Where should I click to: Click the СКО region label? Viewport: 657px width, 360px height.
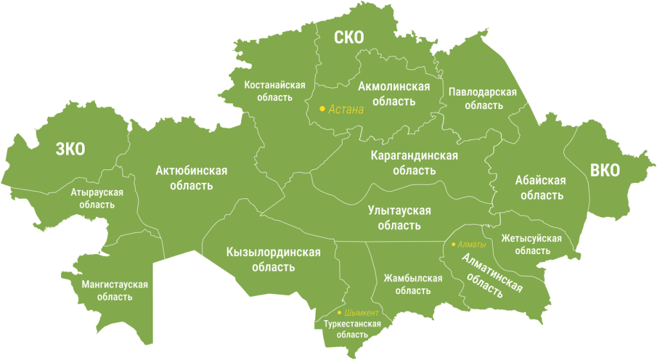pyautogui.click(x=349, y=37)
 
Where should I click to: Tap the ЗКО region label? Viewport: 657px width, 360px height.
pyautogui.click(x=70, y=150)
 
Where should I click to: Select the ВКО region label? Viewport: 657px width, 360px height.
pyautogui.click(x=605, y=170)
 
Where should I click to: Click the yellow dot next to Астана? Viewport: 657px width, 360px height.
pyautogui.click(x=322, y=109)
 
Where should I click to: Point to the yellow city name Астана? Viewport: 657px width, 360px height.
pyautogui.click(x=346, y=109)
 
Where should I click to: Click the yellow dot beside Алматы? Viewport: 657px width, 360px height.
pyautogui.click(x=453, y=244)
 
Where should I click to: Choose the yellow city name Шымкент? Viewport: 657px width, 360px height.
pyautogui.click(x=362, y=313)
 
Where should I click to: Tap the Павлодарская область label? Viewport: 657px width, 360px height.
pyautogui.click(x=482, y=98)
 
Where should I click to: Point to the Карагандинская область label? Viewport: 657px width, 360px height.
pyautogui.click(x=414, y=162)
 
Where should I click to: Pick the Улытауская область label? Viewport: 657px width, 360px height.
pyautogui.click(x=399, y=218)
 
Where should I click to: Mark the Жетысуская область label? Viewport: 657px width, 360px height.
pyautogui.click(x=531, y=244)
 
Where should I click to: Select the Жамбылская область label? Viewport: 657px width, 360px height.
pyautogui.click(x=413, y=284)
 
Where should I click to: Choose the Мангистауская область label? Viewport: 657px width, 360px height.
pyautogui.click(x=115, y=290)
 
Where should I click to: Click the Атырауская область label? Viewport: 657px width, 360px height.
pyautogui.click(x=97, y=198)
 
